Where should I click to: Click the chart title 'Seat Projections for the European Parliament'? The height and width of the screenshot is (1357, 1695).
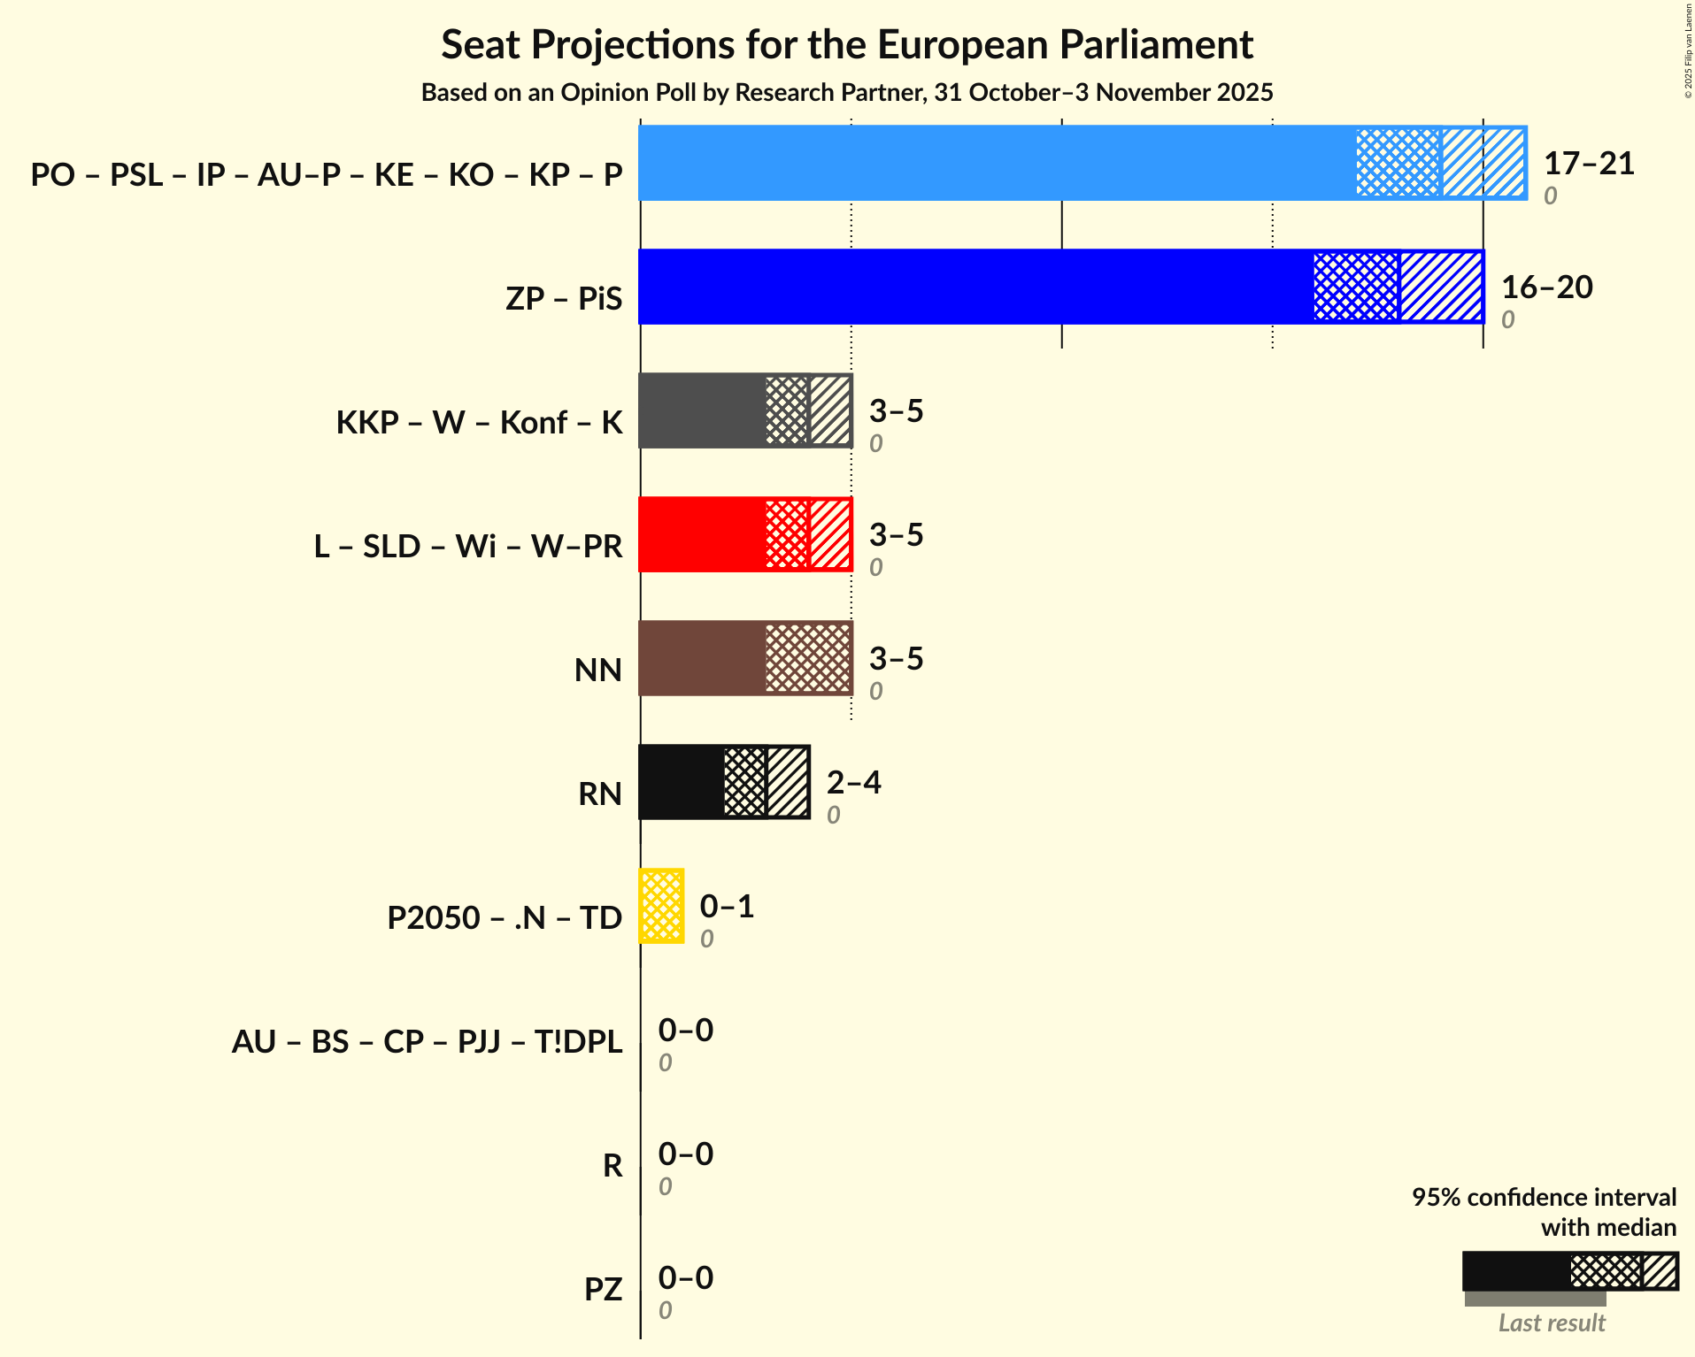click(847, 44)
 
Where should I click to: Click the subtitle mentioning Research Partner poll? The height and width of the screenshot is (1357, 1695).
click(847, 93)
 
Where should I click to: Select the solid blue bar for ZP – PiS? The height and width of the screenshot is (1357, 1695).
click(974, 287)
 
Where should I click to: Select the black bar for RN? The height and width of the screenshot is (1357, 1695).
click(681, 782)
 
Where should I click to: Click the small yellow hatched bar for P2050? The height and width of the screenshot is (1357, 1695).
click(661, 906)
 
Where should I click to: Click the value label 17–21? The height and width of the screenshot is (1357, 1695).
click(1589, 164)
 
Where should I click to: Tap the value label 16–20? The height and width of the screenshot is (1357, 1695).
click(1546, 287)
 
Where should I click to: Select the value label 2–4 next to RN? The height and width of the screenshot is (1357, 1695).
click(853, 783)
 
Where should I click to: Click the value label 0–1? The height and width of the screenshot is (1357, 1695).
click(727, 907)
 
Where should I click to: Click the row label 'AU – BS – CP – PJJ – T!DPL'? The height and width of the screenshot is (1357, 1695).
click(427, 1041)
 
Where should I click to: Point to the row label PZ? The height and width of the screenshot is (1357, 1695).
click(603, 1289)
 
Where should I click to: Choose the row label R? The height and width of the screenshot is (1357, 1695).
click(613, 1165)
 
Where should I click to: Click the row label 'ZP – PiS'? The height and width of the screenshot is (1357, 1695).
click(564, 298)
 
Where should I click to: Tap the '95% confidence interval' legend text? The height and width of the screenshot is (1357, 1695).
click(1543, 1197)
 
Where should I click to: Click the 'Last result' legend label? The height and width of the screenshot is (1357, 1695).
click(1551, 1322)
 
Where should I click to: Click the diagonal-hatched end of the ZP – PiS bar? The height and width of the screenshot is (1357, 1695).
click(1441, 287)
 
